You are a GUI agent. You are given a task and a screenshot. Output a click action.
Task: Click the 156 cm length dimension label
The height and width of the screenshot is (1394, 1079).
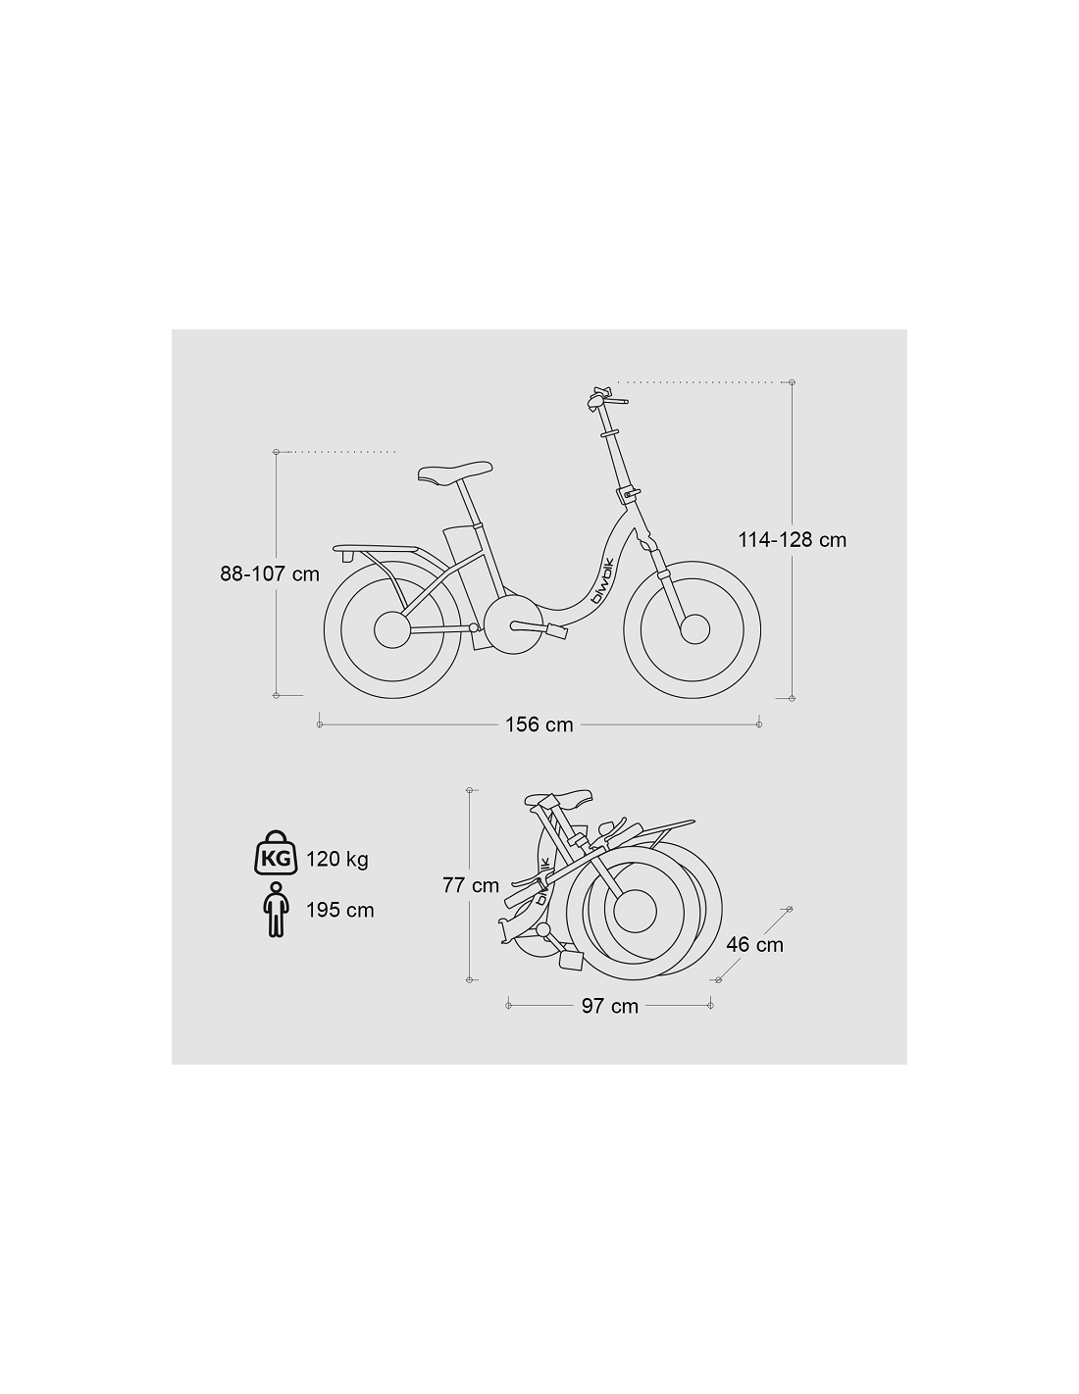click(539, 724)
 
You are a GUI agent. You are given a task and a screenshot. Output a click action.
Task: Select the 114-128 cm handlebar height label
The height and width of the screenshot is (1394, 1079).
click(792, 540)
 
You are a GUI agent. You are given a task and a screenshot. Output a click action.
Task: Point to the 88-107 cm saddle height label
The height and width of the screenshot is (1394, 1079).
click(270, 573)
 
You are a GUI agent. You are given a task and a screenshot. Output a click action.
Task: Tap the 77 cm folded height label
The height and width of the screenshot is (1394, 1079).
click(471, 885)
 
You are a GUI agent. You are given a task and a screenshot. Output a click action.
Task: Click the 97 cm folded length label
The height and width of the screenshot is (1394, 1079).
click(610, 1006)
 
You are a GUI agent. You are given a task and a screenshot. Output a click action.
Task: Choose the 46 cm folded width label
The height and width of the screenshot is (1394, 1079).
click(755, 944)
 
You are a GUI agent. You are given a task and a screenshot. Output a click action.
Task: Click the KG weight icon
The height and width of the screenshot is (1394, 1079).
click(277, 853)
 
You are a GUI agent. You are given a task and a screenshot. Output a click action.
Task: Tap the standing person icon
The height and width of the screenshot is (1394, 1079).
click(276, 910)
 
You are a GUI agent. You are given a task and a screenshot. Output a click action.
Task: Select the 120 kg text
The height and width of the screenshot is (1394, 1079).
click(337, 859)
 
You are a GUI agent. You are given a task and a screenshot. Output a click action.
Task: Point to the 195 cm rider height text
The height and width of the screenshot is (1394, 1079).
click(339, 911)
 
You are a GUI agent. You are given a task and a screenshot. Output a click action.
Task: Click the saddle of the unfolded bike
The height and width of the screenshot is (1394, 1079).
click(454, 472)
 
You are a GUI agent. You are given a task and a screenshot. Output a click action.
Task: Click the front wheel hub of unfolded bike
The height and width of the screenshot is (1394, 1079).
click(694, 628)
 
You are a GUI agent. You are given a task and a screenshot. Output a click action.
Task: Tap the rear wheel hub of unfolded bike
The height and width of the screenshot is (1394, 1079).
click(390, 630)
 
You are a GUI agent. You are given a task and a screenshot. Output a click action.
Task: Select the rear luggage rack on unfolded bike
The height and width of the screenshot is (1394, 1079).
click(376, 549)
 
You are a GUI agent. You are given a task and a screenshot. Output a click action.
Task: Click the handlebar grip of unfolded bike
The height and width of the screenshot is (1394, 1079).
click(618, 402)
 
